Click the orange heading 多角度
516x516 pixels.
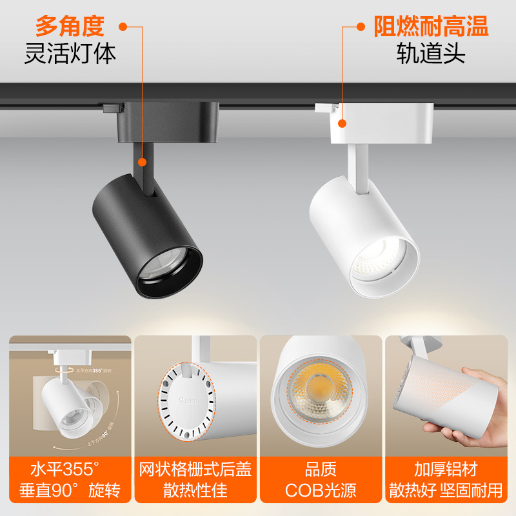(70, 26)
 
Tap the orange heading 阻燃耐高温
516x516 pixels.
(431, 26)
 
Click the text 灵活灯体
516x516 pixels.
(70, 54)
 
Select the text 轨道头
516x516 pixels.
(431, 54)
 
